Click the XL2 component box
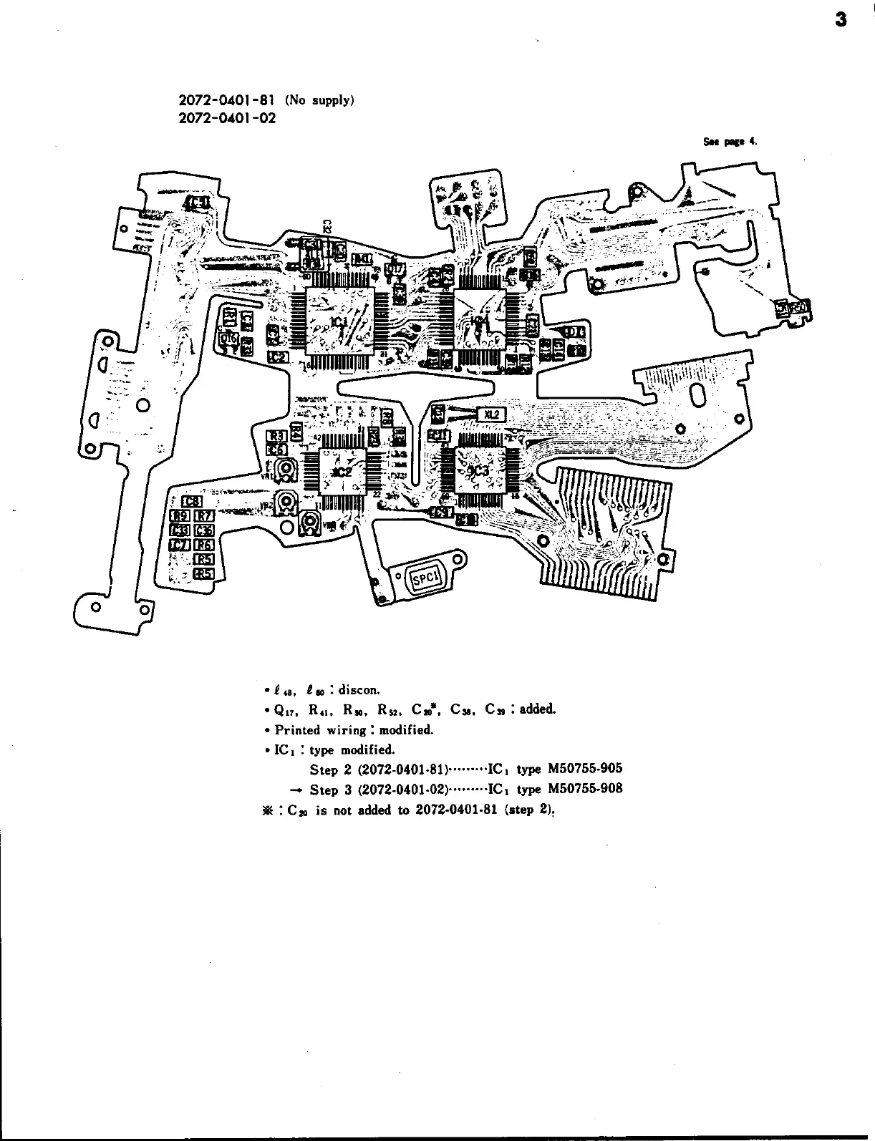coord(492,414)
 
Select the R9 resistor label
coord(180,515)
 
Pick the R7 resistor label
coord(205,515)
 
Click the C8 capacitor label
coord(191,501)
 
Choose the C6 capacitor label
coord(277,449)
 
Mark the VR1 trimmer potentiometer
coord(288,470)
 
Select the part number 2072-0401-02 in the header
coord(226,118)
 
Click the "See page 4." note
coord(730,141)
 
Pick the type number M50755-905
coord(585,769)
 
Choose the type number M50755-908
coord(585,789)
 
